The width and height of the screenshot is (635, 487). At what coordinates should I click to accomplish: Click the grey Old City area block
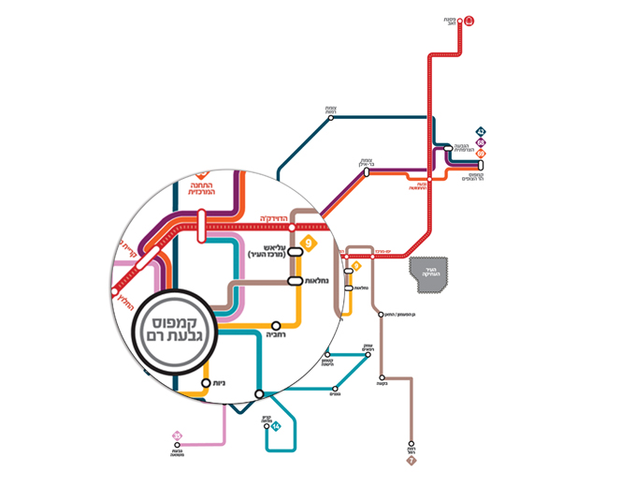(x=430, y=271)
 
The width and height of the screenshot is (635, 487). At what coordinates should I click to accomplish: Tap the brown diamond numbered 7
(x=410, y=460)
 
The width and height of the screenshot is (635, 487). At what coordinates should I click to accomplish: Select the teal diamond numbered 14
(x=276, y=427)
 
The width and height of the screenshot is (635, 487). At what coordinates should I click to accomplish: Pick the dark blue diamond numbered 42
(x=481, y=131)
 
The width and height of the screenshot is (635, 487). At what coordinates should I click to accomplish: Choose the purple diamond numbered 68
(x=481, y=141)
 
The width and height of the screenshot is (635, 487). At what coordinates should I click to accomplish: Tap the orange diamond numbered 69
(x=481, y=153)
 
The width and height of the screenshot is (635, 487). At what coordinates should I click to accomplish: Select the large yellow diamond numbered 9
(x=310, y=244)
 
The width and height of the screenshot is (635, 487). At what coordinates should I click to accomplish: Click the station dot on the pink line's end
(x=176, y=447)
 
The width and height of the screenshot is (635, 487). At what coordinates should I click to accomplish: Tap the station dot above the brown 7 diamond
(x=410, y=445)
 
